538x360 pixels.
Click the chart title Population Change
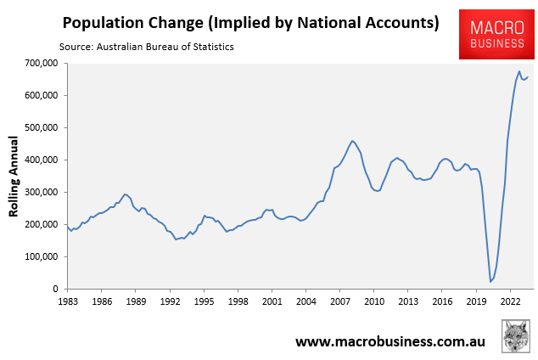click(250, 22)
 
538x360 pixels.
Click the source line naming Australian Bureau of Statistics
click(147, 46)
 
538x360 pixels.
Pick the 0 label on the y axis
click(54, 289)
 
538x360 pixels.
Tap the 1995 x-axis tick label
click(204, 301)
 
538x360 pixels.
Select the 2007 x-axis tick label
click(340, 301)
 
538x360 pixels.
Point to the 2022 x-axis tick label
click(511, 301)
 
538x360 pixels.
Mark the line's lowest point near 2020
click(490, 281)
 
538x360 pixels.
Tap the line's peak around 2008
click(352, 141)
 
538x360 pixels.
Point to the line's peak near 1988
click(125, 194)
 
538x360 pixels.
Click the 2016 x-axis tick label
click(443, 301)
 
